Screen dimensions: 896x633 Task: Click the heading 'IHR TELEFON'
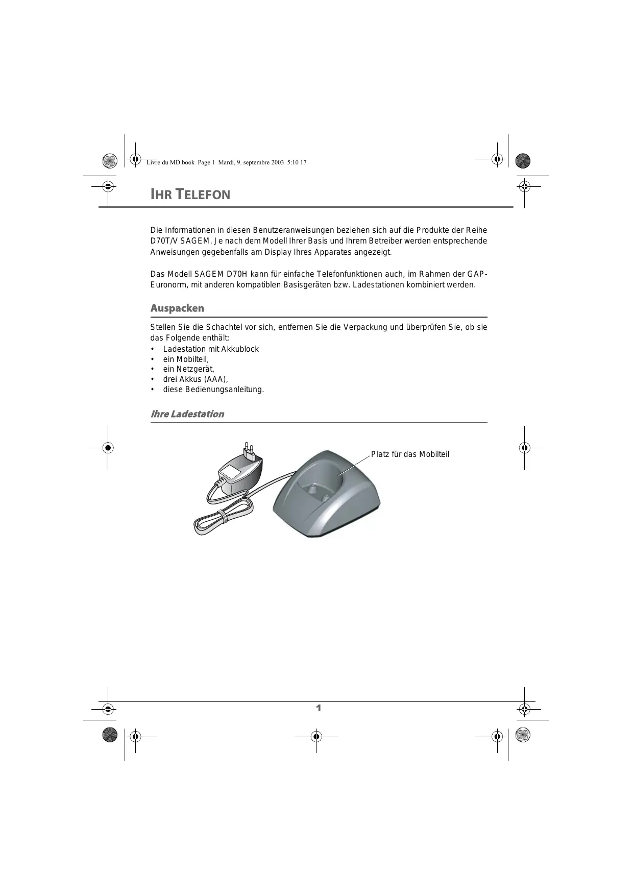[x=190, y=195]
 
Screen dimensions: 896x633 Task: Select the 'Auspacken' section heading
[x=177, y=308]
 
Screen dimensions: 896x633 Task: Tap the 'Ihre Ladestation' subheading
[x=187, y=414]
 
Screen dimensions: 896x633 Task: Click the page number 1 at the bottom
[x=319, y=708]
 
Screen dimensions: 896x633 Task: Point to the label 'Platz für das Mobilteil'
[x=410, y=454]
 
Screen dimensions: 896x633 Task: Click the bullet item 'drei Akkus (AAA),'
[x=196, y=379]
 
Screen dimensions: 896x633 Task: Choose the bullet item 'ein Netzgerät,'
[x=189, y=369]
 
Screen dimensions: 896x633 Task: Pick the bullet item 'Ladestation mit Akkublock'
[x=211, y=349]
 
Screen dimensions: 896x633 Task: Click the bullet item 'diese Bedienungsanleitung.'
[x=213, y=390]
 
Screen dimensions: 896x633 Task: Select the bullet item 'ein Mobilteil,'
[x=186, y=359]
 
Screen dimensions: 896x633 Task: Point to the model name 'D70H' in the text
[x=237, y=274]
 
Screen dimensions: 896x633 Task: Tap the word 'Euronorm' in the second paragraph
[x=166, y=285]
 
